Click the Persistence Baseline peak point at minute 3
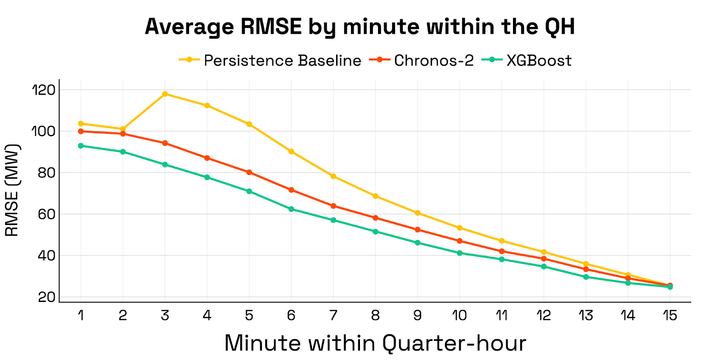pyautogui.click(x=165, y=94)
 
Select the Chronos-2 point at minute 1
pyautogui.click(x=81, y=131)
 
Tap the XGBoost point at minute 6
pyautogui.click(x=291, y=209)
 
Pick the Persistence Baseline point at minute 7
pyautogui.click(x=333, y=176)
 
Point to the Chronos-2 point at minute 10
pyautogui.click(x=459, y=241)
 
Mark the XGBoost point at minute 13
pyautogui.click(x=586, y=277)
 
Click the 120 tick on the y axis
pyautogui.click(x=44, y=90)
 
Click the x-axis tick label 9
pyautogui.click(x=418, y=315)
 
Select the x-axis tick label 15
pyautogui.click(x=670, y=315)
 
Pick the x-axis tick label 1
pyautogui.click(x=81, y=315)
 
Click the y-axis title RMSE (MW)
pyautogui.click(x=12, y=190)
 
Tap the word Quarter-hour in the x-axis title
pyautogui.click(x=454, y=343)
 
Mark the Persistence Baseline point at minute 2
pyautogui.click(x=123, y=129)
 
